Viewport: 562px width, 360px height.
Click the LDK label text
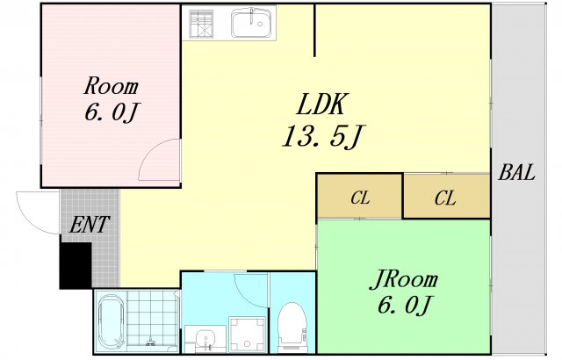click(x=322, y=104)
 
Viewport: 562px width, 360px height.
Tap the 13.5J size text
click(x=323, y=136)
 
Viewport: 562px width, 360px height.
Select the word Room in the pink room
click(x=111, y=86)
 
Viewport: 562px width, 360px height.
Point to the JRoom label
click(x=404, y=279)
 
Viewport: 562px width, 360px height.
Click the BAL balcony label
click(x=516, y=172)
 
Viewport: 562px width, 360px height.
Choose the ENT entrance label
click(x=89, y=224)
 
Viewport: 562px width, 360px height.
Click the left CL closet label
click(x=360, y=197)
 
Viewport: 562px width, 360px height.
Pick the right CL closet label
click(x=445, y=198)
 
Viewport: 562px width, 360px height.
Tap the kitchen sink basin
click(x=251, y=23)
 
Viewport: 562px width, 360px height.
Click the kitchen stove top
click(x=201, y=24)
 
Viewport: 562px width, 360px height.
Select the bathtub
click(x=112, y=321)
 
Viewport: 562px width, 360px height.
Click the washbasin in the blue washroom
click(x=205, y=338)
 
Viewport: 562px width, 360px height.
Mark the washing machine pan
click(x=248, y=335)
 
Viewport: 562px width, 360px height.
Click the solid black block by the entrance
click(x=76, y=265)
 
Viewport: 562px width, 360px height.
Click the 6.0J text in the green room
click(x=404, y=305)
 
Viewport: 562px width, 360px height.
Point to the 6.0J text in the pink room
click(x=112, y=112)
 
